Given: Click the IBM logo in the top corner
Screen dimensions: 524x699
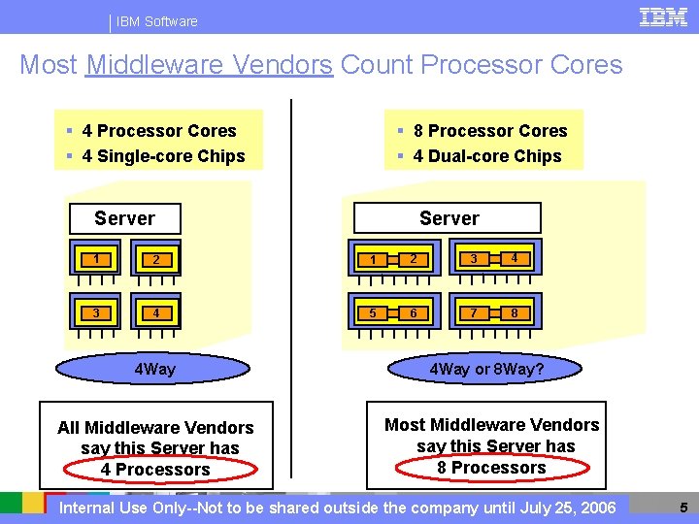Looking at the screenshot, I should tap(664, 16).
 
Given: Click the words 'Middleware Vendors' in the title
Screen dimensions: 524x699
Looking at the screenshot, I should tap(209, 65).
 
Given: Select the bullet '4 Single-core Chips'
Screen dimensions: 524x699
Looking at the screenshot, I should tap(163, 156).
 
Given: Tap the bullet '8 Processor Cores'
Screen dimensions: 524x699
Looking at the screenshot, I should tap(489, 131).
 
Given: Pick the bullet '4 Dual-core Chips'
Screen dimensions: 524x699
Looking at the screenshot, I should tap(486, 156).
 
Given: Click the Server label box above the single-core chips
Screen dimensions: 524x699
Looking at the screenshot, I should tap(124, 218).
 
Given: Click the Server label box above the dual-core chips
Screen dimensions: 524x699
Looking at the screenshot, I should tap(448, 218).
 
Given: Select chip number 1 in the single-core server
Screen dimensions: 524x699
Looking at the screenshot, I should tap(96, 259).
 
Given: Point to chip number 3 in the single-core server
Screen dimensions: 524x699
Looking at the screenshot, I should tap(96, 312).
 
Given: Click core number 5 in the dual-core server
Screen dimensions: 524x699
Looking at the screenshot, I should tap(373, 312).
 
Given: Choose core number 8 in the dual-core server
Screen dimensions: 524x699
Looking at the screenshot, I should tap(515, 312).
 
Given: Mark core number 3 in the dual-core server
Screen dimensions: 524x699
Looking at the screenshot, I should tap(473, 259).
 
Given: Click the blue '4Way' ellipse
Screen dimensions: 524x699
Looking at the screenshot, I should tap(154, 369).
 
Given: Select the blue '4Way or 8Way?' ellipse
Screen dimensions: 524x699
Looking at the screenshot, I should tap(486, 369).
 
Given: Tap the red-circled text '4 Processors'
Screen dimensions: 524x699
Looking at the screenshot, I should tap(155, 470).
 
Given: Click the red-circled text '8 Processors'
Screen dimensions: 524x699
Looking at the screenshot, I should tap(492, 468).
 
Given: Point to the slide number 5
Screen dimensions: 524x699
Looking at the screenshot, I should tap(683, 507).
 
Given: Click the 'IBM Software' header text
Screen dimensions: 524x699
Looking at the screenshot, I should tap(156, 21).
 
